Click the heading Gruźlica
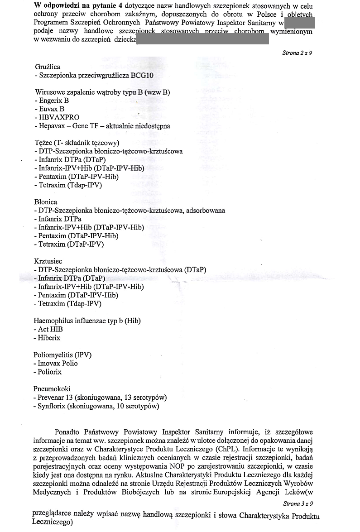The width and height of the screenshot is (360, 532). click(x=47, y=67)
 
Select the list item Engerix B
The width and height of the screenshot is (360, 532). click(x=53, y=101)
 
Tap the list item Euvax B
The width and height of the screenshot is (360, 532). click(x=51, y=109)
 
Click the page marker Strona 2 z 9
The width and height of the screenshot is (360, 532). click(x=297, y=53)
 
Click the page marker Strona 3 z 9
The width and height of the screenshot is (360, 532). click(x=297, y=503)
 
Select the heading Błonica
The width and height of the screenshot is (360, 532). click(x=45, y=202)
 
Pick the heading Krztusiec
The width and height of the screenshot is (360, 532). click(x=48, y=261)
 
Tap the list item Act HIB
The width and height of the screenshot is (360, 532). click(x=50, y=329)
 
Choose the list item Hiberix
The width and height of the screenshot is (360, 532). click(x=49, y=338)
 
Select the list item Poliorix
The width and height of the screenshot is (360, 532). click(x=50, y=372)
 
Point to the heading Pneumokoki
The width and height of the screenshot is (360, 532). click(x=52, y=389)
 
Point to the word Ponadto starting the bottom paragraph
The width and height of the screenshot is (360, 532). click(x=67, y=432)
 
